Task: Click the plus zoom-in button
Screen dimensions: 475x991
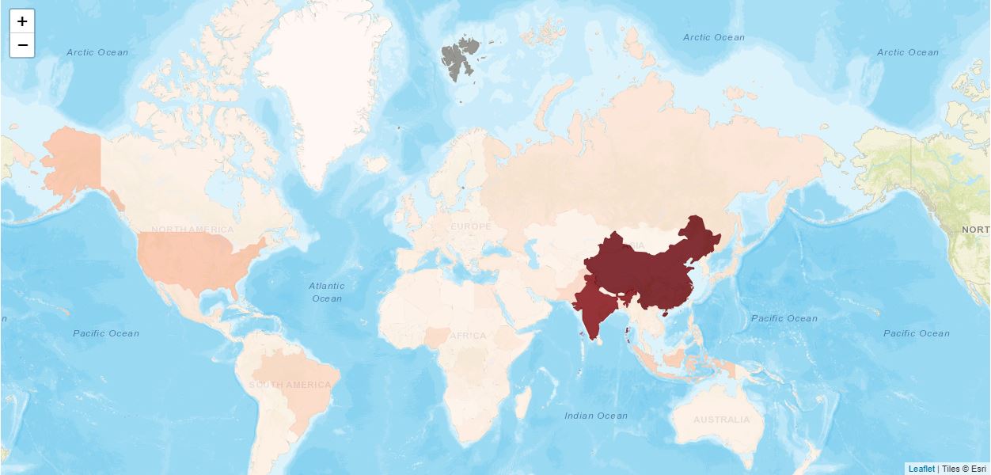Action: point(22,21)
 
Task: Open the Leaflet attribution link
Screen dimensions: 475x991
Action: point(921,469)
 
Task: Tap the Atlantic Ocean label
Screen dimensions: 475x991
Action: point(327,292)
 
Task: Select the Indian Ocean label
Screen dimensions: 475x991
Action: point(596,416)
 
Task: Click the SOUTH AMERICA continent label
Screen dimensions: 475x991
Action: point(290,386)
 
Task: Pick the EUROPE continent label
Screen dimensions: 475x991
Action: point(471,227)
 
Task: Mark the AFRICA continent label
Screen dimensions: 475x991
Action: point(468,336)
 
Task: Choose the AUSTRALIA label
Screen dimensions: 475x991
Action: point(721,420)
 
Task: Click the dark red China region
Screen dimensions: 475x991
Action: point(649,269)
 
